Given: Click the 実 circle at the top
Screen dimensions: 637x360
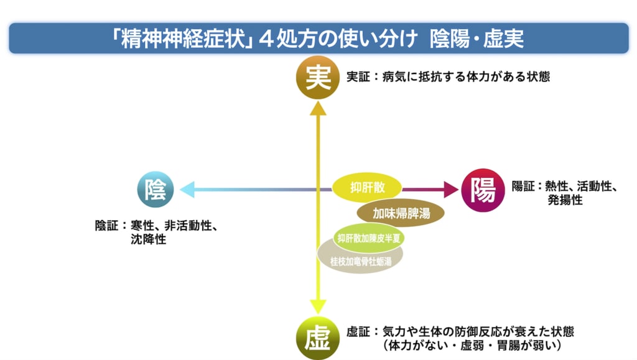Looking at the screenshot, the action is (x=318, y=78).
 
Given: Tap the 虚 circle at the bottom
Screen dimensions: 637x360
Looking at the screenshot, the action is (x=318, y=338).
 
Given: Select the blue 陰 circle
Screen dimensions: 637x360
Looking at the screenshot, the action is (x=156, y=190).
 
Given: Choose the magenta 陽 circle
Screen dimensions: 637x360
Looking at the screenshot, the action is (x=483, y=190).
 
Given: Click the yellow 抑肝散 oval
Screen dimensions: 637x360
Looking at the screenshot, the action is (x=367, y=188).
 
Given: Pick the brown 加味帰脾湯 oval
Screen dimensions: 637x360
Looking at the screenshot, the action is (x=401, y=213).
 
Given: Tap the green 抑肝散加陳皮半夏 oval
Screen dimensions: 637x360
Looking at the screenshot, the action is (x=368, y=238).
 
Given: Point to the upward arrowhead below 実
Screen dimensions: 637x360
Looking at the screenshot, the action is (x=318, y=108).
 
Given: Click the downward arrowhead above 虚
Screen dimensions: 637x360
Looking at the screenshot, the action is (x=318, y=307).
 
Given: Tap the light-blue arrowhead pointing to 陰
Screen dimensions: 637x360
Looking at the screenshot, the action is (x=187, y=190).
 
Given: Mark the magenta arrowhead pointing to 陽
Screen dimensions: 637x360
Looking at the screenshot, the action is (x=451, y=190).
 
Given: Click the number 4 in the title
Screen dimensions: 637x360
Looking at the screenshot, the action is (x=266, y=39).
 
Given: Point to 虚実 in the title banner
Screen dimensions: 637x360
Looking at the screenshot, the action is (x=503, y=39).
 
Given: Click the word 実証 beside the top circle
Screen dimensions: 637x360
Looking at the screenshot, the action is (x=358, y=76).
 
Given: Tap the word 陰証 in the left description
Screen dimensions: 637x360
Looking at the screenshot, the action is (x=106, y=226).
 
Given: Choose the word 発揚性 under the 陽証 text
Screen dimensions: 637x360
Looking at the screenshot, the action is (x=565, y=200).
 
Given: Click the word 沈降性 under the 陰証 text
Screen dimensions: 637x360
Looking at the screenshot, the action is (x=148, y=239).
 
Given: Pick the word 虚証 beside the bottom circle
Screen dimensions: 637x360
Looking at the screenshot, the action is (x=358, y=332).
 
